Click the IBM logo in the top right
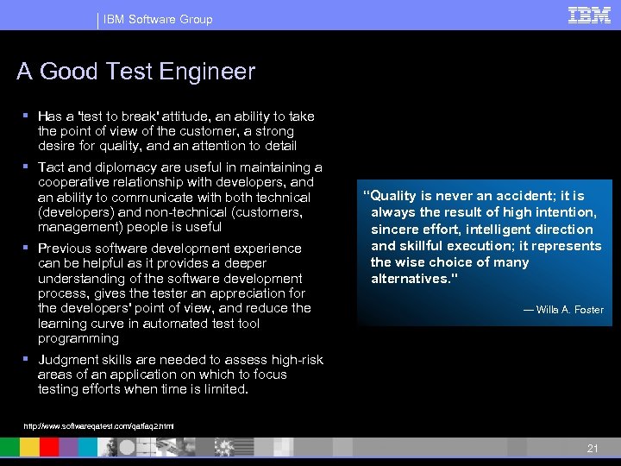(590, 15)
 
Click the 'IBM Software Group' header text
(158, 19)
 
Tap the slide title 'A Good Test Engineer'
(135, 71)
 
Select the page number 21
(592, 448)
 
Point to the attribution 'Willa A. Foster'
(569, 310)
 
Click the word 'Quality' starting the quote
(392, 196)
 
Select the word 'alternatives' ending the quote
(409, 279)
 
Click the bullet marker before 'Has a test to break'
(27, 116)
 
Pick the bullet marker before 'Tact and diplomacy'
(27, 167)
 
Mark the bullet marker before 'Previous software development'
(27, 248)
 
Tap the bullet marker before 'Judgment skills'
(27, 359)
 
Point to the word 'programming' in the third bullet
(78, 338)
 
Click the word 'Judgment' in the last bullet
(69, 360)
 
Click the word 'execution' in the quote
(483, 246)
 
